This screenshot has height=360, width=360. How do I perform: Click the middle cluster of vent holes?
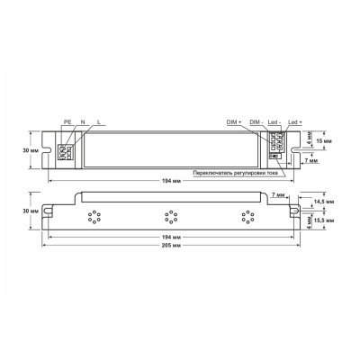168,215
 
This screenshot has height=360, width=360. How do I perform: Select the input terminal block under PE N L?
63,150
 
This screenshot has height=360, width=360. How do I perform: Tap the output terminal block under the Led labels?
279,144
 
